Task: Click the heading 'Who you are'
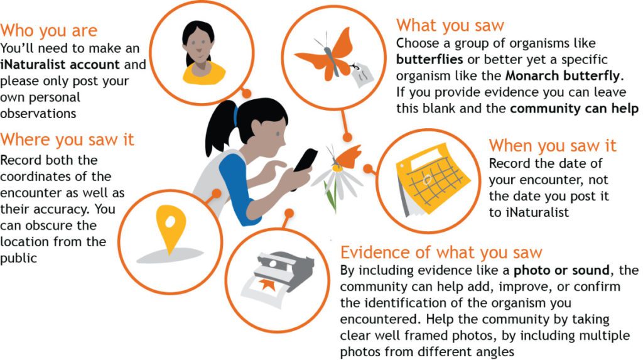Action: [49, 30]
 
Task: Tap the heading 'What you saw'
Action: [450, 26]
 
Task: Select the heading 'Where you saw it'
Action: [67, 139]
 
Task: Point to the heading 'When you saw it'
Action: [553, 146]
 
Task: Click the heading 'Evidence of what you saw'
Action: [441, 253]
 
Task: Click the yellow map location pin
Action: [171, 229]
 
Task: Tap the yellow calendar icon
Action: [432, 180]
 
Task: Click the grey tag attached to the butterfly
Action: [362, 75]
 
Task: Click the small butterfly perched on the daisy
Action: [346, 157]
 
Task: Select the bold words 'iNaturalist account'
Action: [60, 65]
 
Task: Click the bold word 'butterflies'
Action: [430, 60]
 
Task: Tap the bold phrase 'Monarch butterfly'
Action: [562, 76]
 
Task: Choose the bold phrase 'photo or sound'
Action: [561, 270]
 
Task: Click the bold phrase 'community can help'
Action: [574, 109]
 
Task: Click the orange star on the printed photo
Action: [266, 285]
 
